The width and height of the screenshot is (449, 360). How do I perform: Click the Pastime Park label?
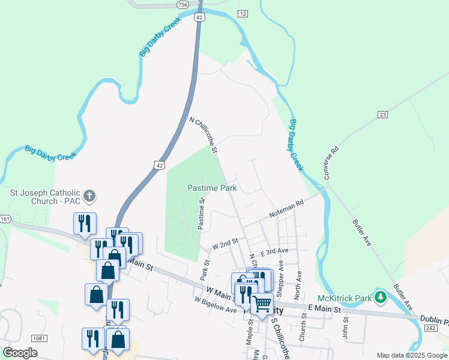click(x=212, y=188)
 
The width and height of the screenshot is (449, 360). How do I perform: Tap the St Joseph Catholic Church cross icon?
click(x=89, y=196)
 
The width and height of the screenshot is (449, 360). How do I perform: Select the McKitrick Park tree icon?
click(x=380, y=296)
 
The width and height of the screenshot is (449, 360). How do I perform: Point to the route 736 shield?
click(x=183, y=4)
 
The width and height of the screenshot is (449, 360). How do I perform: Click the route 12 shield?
click(x=243, y=13)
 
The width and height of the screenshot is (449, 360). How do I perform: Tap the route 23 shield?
click(x=383, y=114)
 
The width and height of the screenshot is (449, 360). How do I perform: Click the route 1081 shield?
click(x=39, y=338)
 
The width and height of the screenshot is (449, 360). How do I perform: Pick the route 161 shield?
click(x=5, y=218)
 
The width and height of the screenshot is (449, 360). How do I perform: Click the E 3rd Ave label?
click(x=274, y=251)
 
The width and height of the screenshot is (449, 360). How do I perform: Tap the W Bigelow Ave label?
click(x=215, y=305)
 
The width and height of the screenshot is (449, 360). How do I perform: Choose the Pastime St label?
click(x=202, y=214)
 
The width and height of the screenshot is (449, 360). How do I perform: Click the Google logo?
click(x=20, y=353)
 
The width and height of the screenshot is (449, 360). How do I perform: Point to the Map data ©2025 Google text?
click(x=411, y=355)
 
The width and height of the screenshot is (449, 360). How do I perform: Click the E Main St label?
click(x=324, y=308)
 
